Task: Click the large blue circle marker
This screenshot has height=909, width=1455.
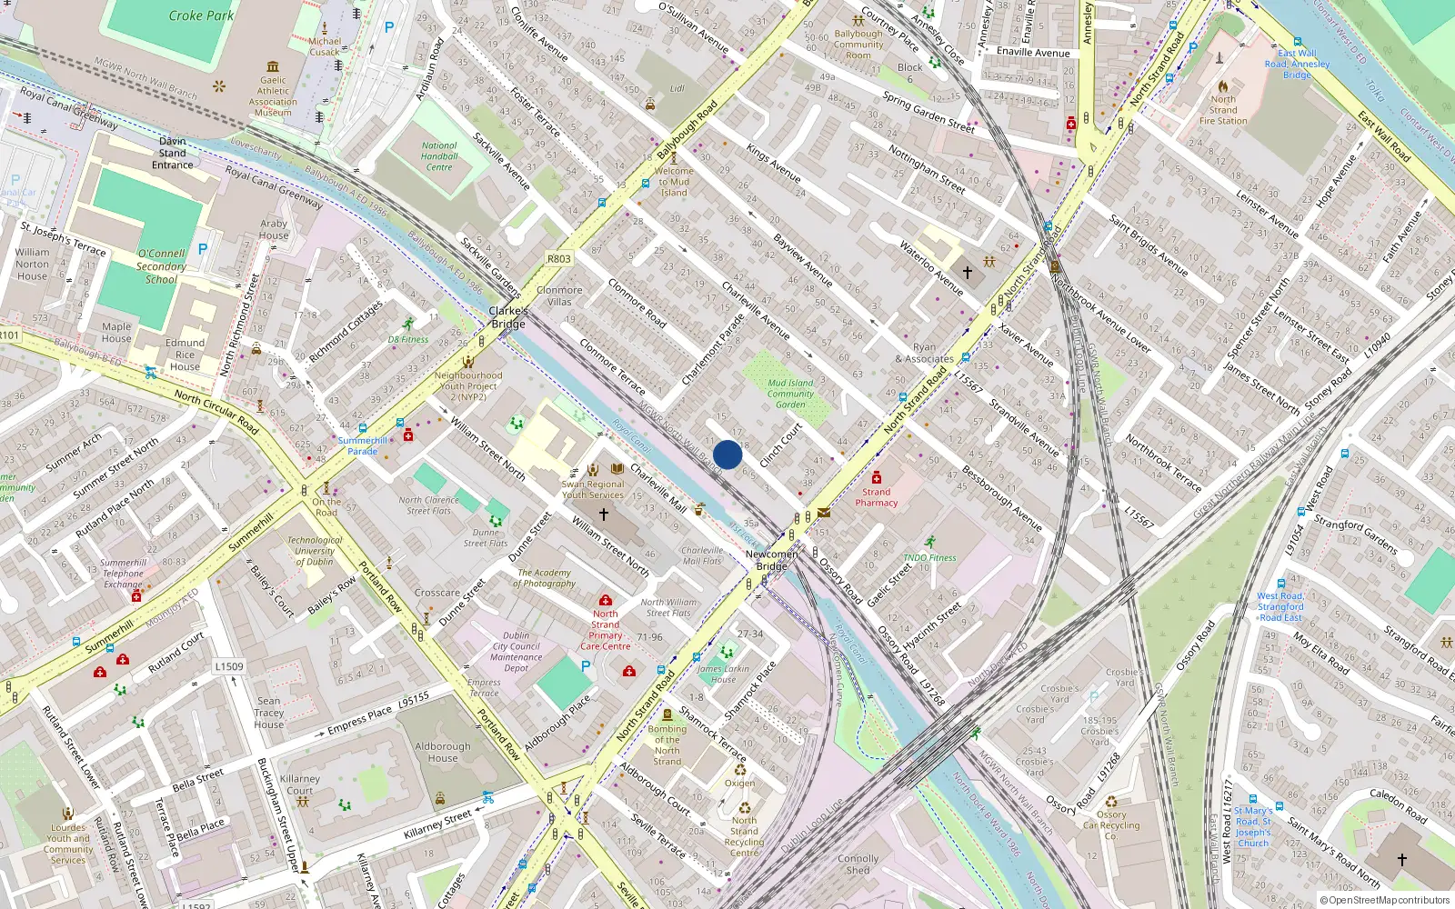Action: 727,454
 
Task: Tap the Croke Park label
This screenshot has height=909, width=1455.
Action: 201,15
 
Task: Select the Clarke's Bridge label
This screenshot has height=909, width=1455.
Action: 508,317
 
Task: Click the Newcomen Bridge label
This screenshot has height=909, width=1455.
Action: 771,560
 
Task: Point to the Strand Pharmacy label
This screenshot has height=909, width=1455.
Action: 877,497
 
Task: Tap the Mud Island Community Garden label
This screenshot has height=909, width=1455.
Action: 790,394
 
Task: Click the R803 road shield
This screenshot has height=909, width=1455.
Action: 558,259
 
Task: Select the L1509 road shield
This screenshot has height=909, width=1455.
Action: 229,666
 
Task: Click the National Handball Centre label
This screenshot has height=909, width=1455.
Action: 439,156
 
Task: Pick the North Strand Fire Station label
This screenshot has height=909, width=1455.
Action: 1223,110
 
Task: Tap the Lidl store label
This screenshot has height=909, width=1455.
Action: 677,89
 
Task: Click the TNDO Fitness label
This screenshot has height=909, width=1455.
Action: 929,557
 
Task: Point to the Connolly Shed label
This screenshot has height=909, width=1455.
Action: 858,864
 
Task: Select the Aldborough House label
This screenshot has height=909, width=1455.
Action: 443,752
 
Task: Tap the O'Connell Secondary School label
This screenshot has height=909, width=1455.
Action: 161,266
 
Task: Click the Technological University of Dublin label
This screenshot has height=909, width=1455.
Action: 315,551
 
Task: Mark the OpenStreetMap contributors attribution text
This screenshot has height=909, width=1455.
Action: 1385,900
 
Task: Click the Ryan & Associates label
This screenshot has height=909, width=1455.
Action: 924,353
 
